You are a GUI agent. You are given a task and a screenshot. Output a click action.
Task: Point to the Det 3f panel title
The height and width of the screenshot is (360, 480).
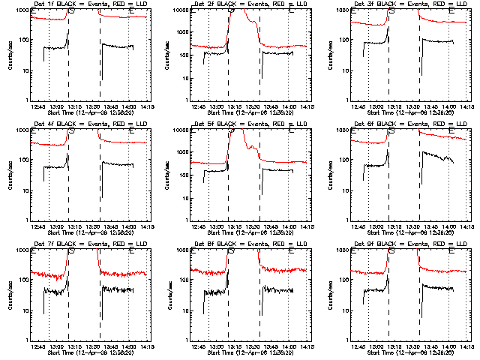tap(410, 4)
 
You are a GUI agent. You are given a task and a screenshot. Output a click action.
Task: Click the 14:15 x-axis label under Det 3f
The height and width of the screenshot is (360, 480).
tap(466, 106)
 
